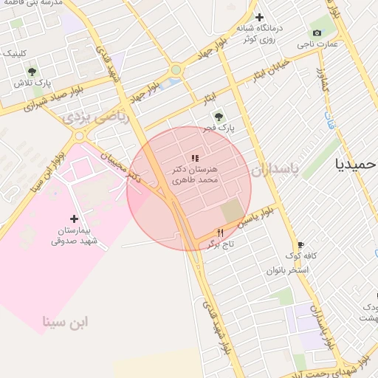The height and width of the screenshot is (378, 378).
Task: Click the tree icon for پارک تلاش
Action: [x=32, y=72]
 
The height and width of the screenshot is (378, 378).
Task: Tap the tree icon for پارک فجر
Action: [x=218, y=116]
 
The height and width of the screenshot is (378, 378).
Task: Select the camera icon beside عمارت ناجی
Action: [x=317, y=32]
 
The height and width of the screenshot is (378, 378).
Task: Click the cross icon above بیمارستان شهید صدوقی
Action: [x=73, y=219]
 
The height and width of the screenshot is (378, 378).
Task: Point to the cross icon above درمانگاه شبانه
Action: [x=258, y=17]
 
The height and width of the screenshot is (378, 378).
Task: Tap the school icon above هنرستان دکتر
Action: [x=195, y=158]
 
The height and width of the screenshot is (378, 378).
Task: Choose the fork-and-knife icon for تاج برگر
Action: [x=219, y=232]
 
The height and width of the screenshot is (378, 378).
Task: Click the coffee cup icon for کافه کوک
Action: [x=300, y=245]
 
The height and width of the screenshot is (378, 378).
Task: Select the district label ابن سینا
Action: [x=65, y=321]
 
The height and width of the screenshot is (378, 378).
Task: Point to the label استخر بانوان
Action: [x=288, y=269]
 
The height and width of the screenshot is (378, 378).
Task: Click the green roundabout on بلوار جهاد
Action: [x=176, y=71]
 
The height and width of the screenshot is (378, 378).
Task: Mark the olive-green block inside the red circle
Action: [x=231, y=208]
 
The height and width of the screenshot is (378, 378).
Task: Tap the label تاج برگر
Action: [x=219, y=243]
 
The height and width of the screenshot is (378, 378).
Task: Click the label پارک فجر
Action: [x=221, y=128]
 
